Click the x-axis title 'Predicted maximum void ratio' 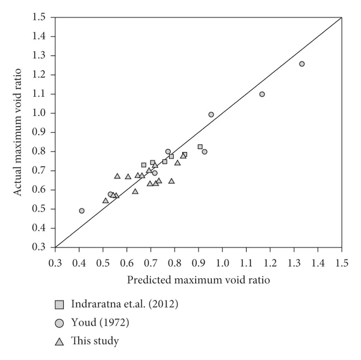(x=199, y=279)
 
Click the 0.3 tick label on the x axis (x=55, y=262)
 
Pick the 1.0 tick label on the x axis (x=223, y=262)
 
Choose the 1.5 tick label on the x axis (x=342, y=262)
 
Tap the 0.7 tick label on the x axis (x=151, y=262)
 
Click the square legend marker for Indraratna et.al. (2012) (x=60, y=304)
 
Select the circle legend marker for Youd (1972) (x=60, y=323)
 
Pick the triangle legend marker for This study (x=60, y=341)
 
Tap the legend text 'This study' (x=95, y=341)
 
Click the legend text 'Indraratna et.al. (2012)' (x=125, y=304)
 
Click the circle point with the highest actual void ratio (x=302, y=64)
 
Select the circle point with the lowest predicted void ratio (x=82, y=211)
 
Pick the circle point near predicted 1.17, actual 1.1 (x=262, y=94)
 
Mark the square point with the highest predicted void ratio (x=200, y=147)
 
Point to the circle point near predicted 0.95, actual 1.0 (x=211, y=115)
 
